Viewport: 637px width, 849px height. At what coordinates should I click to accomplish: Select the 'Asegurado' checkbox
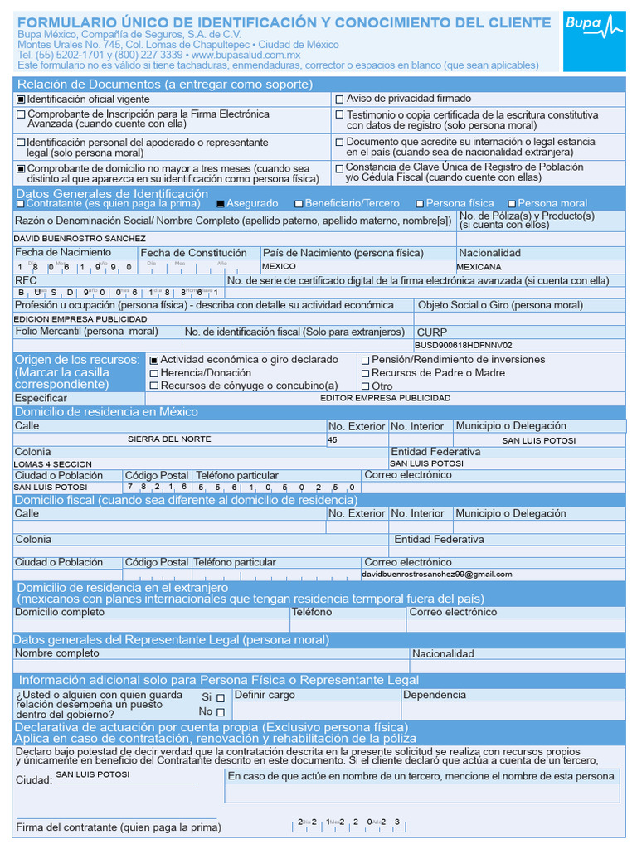221,204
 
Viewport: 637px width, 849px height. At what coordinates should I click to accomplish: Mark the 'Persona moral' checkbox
512,204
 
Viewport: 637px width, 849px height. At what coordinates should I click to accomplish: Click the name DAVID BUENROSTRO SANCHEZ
80,239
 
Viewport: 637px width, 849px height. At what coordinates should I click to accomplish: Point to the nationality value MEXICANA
479,267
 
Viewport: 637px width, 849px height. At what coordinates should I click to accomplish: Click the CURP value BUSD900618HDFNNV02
464,345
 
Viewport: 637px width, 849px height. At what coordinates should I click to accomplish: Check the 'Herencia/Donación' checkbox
153,373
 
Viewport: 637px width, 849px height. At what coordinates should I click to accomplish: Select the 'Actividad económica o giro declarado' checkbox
153,361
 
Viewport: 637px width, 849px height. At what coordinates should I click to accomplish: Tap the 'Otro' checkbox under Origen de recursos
365,386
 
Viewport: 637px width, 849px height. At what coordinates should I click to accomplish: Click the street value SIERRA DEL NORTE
169,439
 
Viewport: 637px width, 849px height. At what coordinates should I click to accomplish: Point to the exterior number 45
333,439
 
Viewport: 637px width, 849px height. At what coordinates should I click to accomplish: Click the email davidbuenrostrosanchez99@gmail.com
437,574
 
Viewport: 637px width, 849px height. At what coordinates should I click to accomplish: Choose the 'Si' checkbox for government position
220,698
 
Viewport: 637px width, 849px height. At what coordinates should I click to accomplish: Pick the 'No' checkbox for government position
220,712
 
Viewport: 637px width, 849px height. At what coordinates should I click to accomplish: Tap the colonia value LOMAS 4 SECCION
53,464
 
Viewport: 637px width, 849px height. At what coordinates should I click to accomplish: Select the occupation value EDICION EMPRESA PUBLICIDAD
80,318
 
